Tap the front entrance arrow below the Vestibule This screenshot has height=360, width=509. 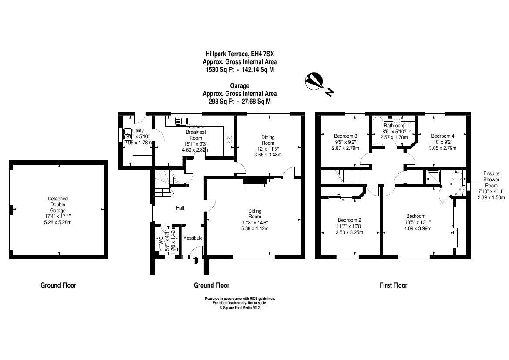click(x=196, y=260)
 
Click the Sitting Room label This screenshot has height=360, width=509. click(x=255, y=214)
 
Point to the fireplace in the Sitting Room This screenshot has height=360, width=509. click(x=255, y=183)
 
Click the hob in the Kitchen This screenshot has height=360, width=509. click(x=229, y=139)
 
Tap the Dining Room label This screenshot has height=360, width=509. click(x=268, y=140)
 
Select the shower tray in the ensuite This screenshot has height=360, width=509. click(x=433, y=177)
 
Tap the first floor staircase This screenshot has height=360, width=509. click(x=351, y=177)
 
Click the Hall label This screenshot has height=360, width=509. click(x=180, y=208)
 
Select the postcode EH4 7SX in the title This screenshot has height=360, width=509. click(x=264, y=54)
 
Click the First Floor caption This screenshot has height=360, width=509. click(x=393, y=285)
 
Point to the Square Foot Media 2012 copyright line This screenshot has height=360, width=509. click(x=239, y=307)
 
